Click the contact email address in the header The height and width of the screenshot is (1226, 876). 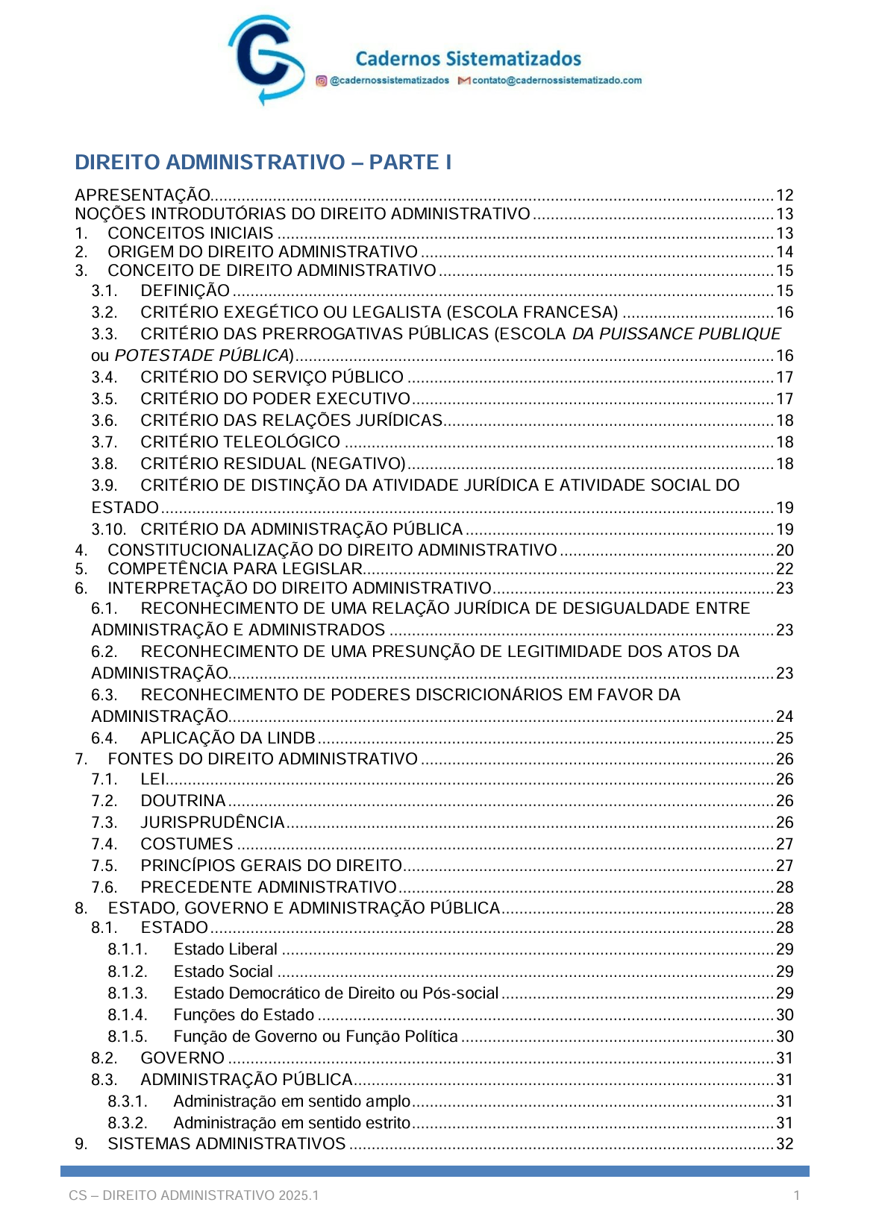[x=556, y=81]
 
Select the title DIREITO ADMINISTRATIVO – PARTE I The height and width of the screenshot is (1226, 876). [x=263, y=163]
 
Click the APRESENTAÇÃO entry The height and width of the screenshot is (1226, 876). [x=143, y=195]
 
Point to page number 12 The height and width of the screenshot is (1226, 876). [x=784, y=195]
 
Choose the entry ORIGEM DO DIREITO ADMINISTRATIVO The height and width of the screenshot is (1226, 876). [x=263, y=252]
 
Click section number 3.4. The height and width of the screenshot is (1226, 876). [x=104, y=377]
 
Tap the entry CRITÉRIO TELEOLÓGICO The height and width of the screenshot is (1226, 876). [x=240, y=442]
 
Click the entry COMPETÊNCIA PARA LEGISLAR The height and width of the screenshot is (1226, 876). [x=235, y=569]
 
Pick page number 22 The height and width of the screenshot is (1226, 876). [x=784, y=569]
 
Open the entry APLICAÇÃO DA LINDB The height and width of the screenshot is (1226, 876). [x=228, y=738]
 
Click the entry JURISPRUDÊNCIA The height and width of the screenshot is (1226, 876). [x=213, y=823]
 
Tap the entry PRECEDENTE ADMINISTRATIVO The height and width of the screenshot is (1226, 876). [x=269, y=887]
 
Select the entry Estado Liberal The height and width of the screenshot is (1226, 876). [x=225, y=949]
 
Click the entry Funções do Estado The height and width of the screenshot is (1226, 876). [x=244, y=1015]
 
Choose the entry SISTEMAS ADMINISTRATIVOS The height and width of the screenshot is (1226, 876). [x=227, y=1144]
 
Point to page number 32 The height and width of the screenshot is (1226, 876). [x=784, y=1144]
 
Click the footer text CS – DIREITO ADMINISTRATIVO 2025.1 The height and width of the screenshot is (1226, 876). [x=194, y=1195]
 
